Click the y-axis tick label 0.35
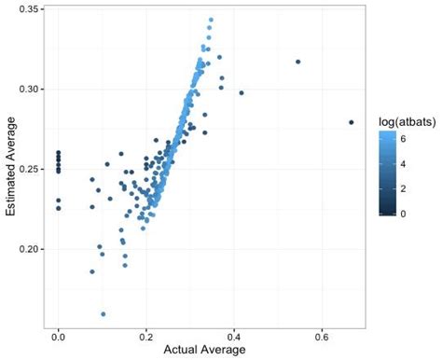[x=24, y=8]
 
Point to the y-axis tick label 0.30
[x=24, y=89]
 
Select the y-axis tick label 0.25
[x=24, y=169]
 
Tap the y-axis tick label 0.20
[x=24, y=249]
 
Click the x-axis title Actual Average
[x=203, y=351]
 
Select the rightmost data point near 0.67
[x=352, y=122]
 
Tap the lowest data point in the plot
[x=103, y=314]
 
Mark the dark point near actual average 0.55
[x=298, y=62]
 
